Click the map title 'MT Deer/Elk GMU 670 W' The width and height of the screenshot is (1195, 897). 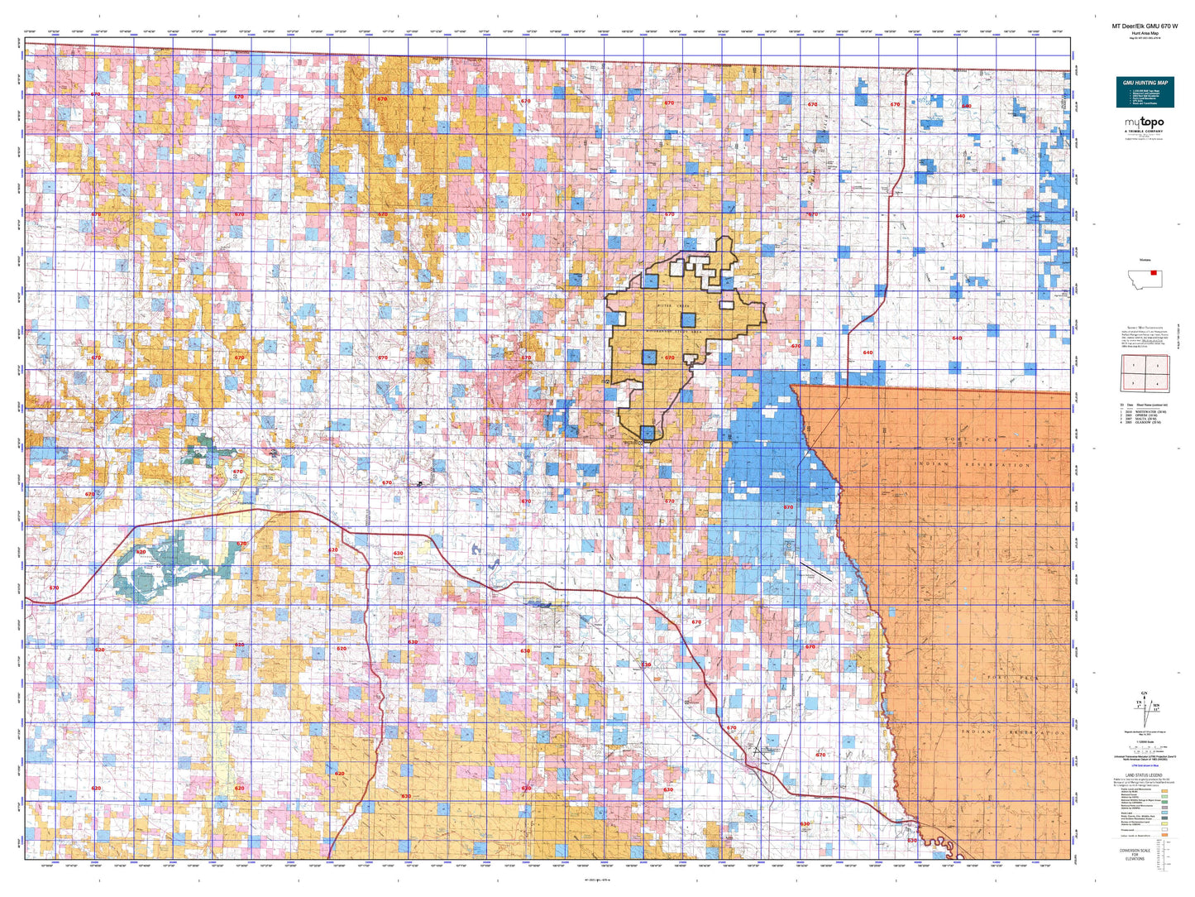pos(1145,26)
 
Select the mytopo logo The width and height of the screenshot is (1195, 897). pos(1145,123)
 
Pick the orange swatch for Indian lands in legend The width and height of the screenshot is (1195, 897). pos(1164,835)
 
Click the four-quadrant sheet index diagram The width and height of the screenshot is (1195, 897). pos(1145,373)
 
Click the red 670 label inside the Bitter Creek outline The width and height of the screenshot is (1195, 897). pos(669,358)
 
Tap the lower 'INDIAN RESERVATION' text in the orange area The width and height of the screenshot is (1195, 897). pos(1013,733)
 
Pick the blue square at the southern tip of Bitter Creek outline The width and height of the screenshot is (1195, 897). pos(647,431)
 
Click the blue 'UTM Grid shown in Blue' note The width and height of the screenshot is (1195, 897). pos(1145,765)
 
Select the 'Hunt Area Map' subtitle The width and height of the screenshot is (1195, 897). pos(1145,32)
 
